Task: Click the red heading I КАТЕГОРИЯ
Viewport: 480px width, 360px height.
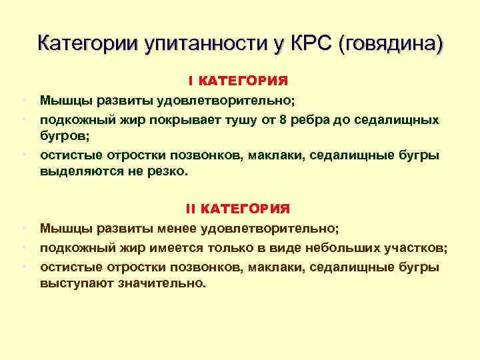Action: [238, 81]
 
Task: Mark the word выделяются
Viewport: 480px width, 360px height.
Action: [77, 171]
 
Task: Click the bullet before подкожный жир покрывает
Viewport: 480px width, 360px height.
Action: [23, 119]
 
